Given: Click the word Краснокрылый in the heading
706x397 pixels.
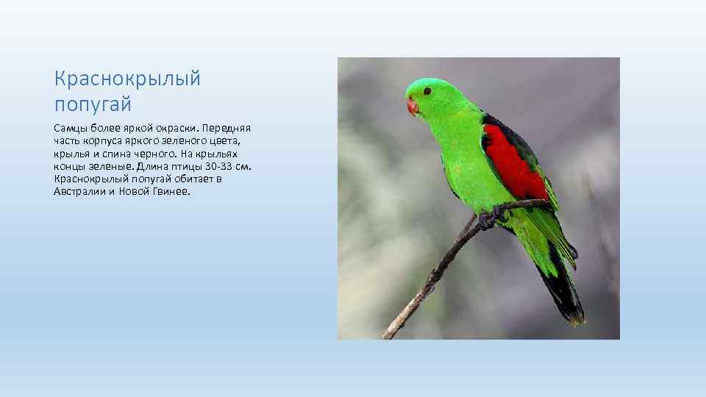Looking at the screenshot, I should [x=127, y=79].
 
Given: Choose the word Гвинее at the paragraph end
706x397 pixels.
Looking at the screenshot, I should [x=171, y=191].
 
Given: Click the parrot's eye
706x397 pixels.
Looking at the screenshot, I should [x=427, y=90].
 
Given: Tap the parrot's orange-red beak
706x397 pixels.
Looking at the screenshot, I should [x=413, y=107].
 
